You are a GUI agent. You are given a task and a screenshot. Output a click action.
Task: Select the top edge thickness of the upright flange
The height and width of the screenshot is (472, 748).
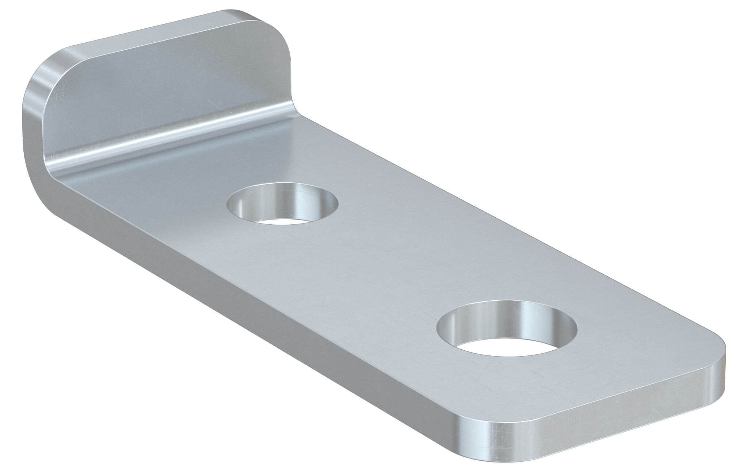[153, 40]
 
